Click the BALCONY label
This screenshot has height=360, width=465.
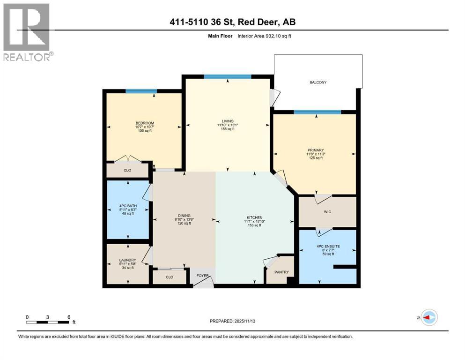click(x=318, y=82)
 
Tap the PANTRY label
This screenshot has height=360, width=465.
click(x=282, y=272)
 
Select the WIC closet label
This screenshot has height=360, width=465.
click(x=327, y=212)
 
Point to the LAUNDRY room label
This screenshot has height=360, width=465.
click(x=127, y=260)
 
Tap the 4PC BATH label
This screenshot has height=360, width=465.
click(x=127, y=204)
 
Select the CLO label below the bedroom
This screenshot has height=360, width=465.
click(x=127, y=170)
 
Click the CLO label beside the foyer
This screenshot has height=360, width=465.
click(x=170, y=277)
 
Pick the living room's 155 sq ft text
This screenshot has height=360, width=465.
click(x=228, y=129)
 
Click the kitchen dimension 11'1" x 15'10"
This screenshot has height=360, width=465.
click(x=254, y=222)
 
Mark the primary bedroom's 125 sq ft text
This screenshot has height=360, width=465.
click(x=315, y=158)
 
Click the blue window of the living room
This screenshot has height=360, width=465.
click(x=228, y=77)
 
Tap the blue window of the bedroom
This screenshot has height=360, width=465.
click(x=141, y=91)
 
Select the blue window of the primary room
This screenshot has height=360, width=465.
click(x=317, y=112)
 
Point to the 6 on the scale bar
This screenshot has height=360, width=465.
click(x=69, y=317)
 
